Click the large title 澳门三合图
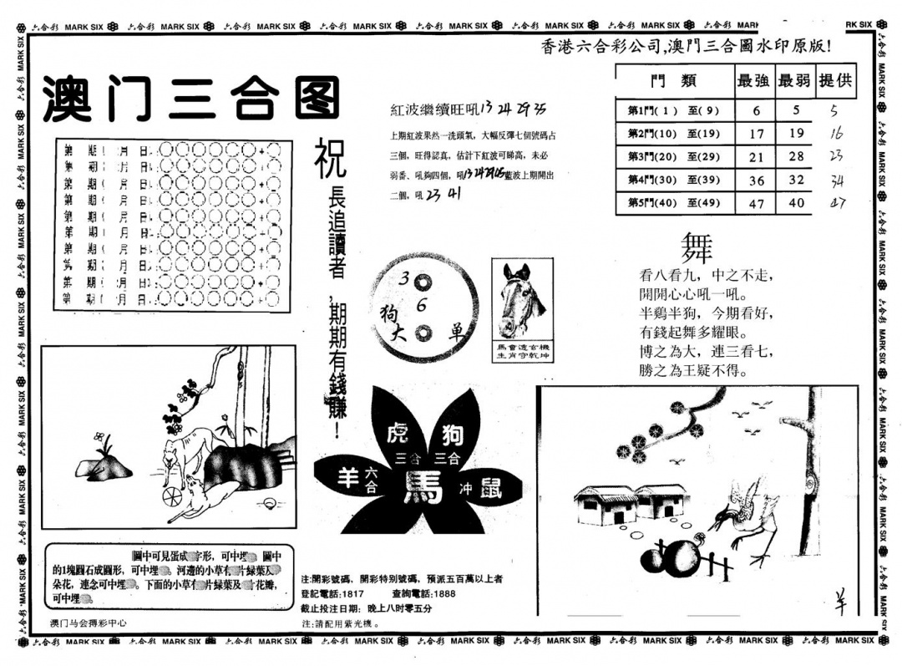[x=191, y=98]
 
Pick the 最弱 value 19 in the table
[x=796, y=133]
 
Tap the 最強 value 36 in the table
[x=757, y=179]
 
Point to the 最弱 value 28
[x=796, y=156]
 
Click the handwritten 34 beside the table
[x=838, y=181]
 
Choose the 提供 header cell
[x=836, y=81]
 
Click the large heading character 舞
[x=697, y=247]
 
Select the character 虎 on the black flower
[x=398, y=434]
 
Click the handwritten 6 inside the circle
[x=422, y=306]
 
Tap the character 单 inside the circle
[x=457, y=330]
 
